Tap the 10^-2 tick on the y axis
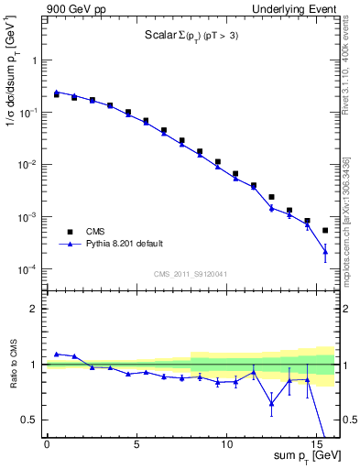(28, 165)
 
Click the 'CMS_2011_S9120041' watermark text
(190, 274)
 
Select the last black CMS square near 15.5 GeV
(325, 230)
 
